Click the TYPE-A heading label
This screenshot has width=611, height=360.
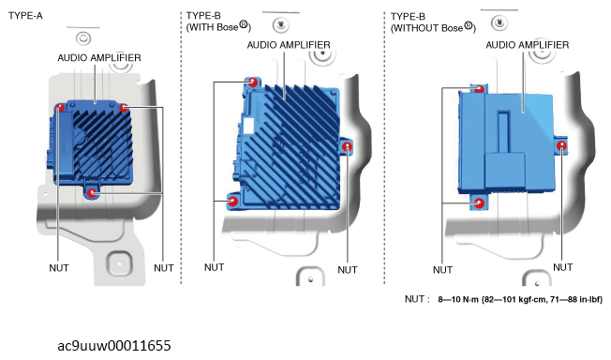click(25, 16)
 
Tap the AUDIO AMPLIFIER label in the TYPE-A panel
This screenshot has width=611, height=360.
click(99, 58)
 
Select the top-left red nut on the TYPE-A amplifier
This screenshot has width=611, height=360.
click(60, 107)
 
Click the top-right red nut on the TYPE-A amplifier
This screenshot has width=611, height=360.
click(124, 108)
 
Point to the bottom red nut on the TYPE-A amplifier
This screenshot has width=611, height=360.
click(92, 193)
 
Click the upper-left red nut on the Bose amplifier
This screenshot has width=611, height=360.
click(252, 82)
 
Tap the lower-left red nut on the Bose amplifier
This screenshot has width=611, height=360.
click(232, 202)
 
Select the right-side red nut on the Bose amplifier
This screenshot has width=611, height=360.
click(347, 147)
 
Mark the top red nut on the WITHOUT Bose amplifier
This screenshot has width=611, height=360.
click(480, 89)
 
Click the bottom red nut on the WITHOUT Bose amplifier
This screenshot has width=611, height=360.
click(479, 203)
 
